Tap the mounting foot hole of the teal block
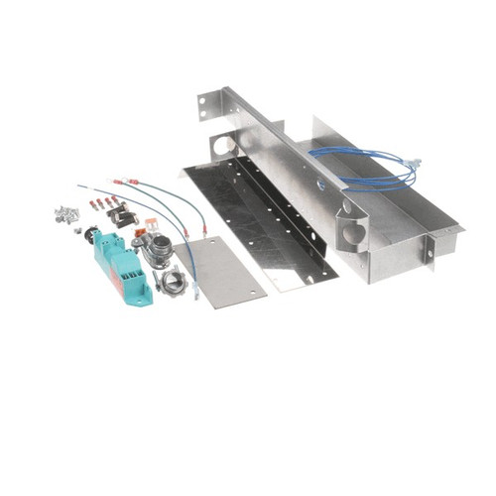click(145, 294)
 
